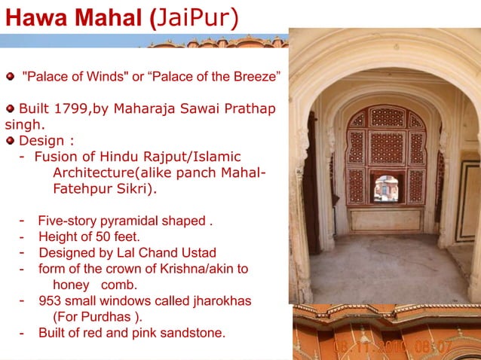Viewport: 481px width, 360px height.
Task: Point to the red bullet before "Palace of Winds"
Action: tap(10, 77)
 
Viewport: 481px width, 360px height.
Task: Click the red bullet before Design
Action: tap(10, 140)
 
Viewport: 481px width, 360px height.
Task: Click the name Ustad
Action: tap(197, 252)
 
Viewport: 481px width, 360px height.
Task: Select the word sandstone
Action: tap(196, 332)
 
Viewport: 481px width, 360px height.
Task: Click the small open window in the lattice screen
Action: tap(386, 188)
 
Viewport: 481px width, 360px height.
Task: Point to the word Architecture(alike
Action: tap(105, 172)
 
